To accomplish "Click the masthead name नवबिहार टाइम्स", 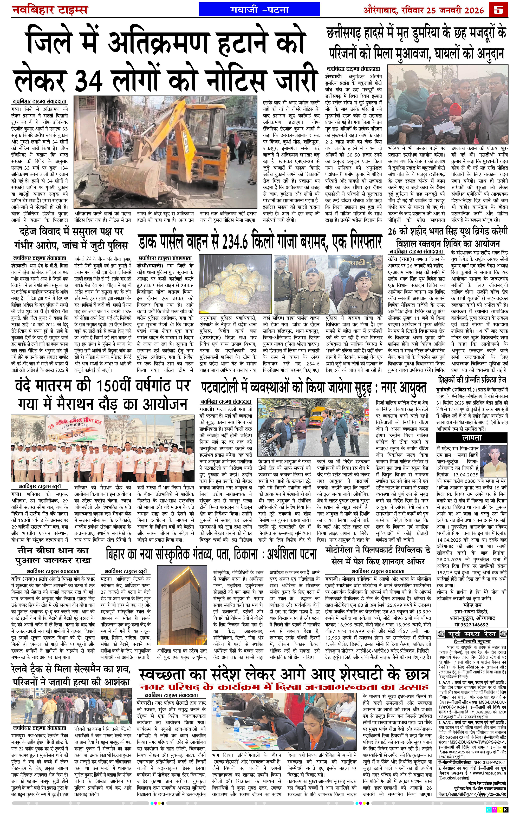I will [x=50, y=10].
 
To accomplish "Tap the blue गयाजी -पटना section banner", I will [x=259, y=10].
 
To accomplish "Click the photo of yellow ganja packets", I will [x=235, y=284].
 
